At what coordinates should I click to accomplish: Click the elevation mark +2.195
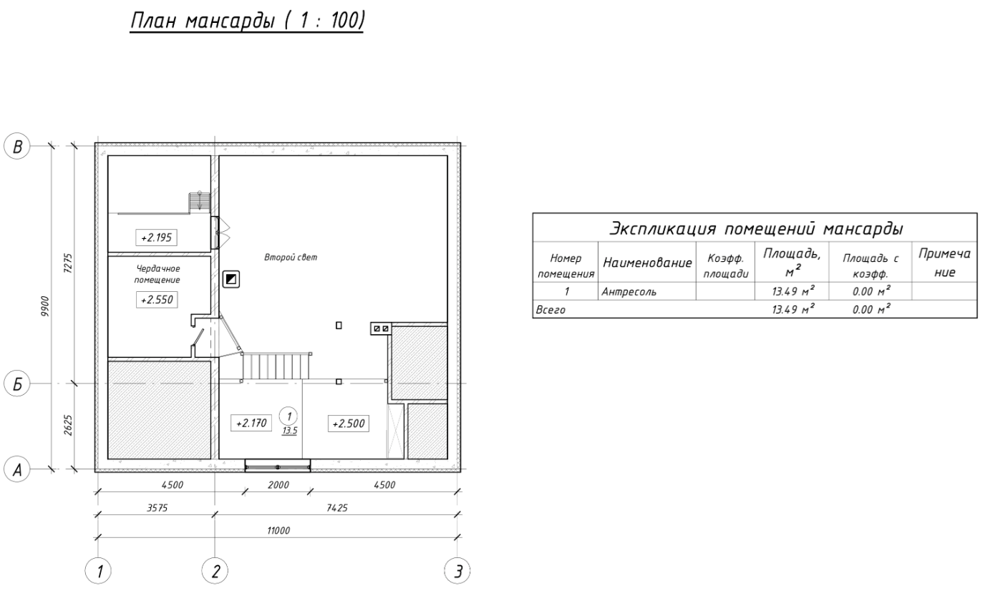pyautogui.click(x=156, y=238)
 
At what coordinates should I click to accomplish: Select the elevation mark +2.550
pyautogui.click(x=157, y=300)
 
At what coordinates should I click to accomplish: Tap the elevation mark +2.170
pyautogui.click(x=251, y=424)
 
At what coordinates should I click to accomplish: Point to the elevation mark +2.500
pyautogui.click(x=349, y=424)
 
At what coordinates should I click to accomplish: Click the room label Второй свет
pyautogui.click(x=291, y=257)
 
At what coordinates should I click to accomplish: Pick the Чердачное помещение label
pyautogui.click(x=158, y=274)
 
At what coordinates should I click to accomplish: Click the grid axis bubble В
pyautogui.click(x=16, y=146)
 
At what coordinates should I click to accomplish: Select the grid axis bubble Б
pyautogui.click(x=16, y=383)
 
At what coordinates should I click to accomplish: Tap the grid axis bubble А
pyautogui.click(x=16, y=469)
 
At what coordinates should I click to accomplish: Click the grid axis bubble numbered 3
pyautogui.click(x=457, y=571)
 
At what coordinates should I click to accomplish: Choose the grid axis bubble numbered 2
pyautogui.click(x=215, y=571)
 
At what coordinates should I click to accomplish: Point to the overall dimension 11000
pyautogui.click(x=279, y=530)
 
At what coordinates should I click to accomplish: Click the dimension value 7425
pyautogui.click(x=337, y=508)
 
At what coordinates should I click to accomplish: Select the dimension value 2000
pyautogui.click(x=279, y=485)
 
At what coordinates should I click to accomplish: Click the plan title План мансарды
pyautogui.click(x=203, y=21)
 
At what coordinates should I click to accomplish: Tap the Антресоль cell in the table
pyautogui.click(x=629, y=291)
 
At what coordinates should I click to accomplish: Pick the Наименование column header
pyautogui.click(x=647, y=263)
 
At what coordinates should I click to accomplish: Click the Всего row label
pyautogui.click(x=551, y=310)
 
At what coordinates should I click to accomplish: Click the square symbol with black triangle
pyautogui.click(x=231, y=279)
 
